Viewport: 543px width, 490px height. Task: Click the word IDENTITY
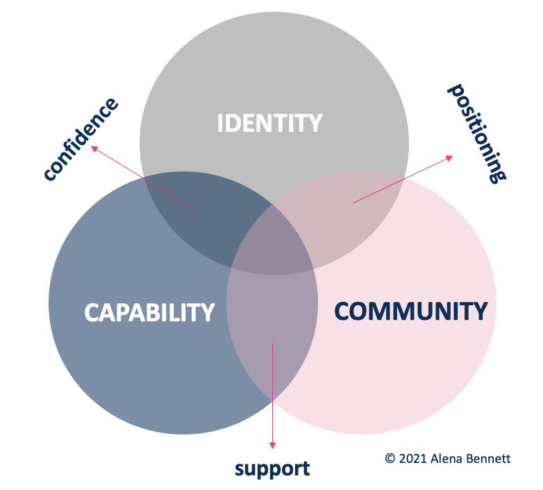click(x=269, y=124)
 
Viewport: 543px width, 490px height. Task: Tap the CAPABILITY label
click(x=149, y=312)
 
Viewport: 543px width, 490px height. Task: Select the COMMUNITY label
click(x=410, y=310)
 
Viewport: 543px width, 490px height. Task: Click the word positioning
click(x=477, y=133)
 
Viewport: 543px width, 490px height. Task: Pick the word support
click(x=272, y=468)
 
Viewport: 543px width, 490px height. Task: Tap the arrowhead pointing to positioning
click(x=449, y=158)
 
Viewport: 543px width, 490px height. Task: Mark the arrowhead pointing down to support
click(x=272, y=445)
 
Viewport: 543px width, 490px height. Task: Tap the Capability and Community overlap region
click(x=272, y=326)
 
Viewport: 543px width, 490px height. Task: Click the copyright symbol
click(x=390, y=459)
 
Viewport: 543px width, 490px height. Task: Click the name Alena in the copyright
click(x=449, y=459)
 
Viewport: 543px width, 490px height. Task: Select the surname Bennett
click(x=490, y=459)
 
